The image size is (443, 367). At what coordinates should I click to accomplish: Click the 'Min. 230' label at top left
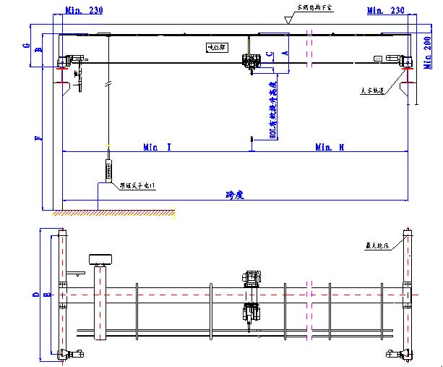pyautogui.click(x=84, y=10)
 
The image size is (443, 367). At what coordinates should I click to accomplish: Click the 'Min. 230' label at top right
pyautogui.click(x=386, y=10)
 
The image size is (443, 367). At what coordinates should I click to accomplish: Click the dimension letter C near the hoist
pyautogui.click(x=269, y=54)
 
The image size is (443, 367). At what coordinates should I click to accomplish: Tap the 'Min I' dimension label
pyautogui.click(x=157, y=147)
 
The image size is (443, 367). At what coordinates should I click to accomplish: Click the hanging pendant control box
pyautogui.click(x=108, y=169)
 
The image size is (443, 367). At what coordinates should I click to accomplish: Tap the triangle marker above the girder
pyautogui.click(x=289, y=22)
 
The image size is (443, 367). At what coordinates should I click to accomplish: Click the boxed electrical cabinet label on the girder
pyautogui.click(x=216, y=48)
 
